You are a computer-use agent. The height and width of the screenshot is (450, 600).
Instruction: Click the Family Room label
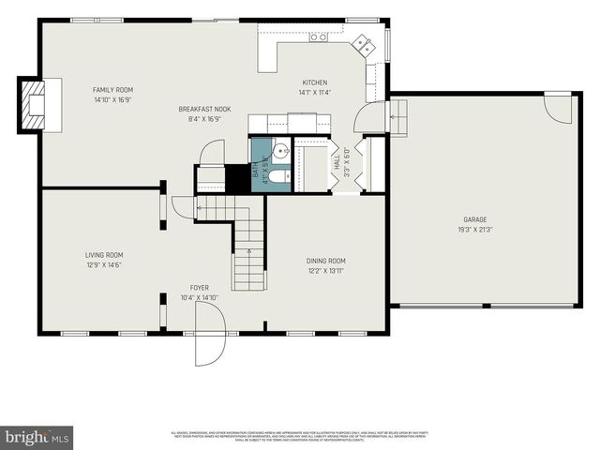coord(112,90)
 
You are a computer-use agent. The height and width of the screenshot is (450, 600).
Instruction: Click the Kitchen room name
coord(314,82)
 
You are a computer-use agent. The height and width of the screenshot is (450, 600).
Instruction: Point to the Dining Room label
coord(326,261)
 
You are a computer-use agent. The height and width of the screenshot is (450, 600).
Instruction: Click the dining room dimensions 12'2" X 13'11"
coord(326,270)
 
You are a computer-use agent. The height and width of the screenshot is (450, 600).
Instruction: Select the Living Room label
coord(104,254)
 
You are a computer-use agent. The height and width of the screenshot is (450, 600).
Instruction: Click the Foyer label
coord(200,288)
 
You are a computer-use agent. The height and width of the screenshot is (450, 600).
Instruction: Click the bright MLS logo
coord(37,437)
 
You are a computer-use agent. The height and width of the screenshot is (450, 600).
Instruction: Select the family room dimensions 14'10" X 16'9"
coord(112,99)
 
